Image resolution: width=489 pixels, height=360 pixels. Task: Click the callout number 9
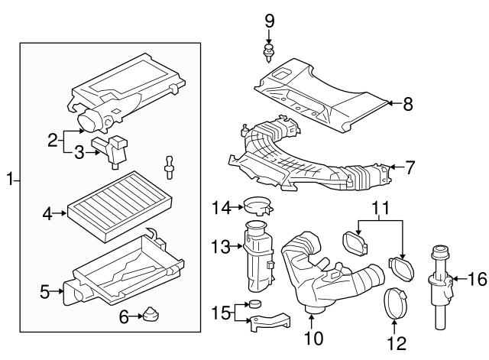268,20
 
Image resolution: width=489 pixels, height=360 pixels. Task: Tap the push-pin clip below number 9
268,51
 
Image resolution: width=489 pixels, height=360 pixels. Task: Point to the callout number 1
10,180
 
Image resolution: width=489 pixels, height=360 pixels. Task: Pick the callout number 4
47,215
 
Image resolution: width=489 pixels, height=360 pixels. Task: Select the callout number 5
44,291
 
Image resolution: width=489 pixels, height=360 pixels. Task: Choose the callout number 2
52,140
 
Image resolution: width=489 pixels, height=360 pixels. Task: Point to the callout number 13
220,246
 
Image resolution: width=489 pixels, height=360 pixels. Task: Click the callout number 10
313,336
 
